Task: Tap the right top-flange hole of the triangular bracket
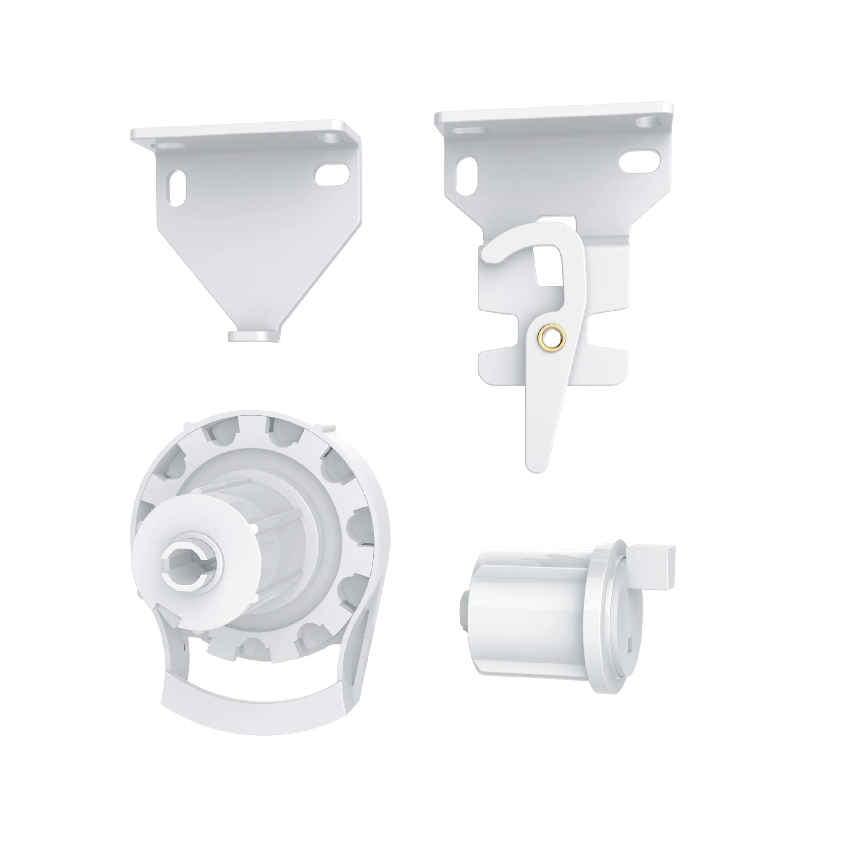330,137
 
